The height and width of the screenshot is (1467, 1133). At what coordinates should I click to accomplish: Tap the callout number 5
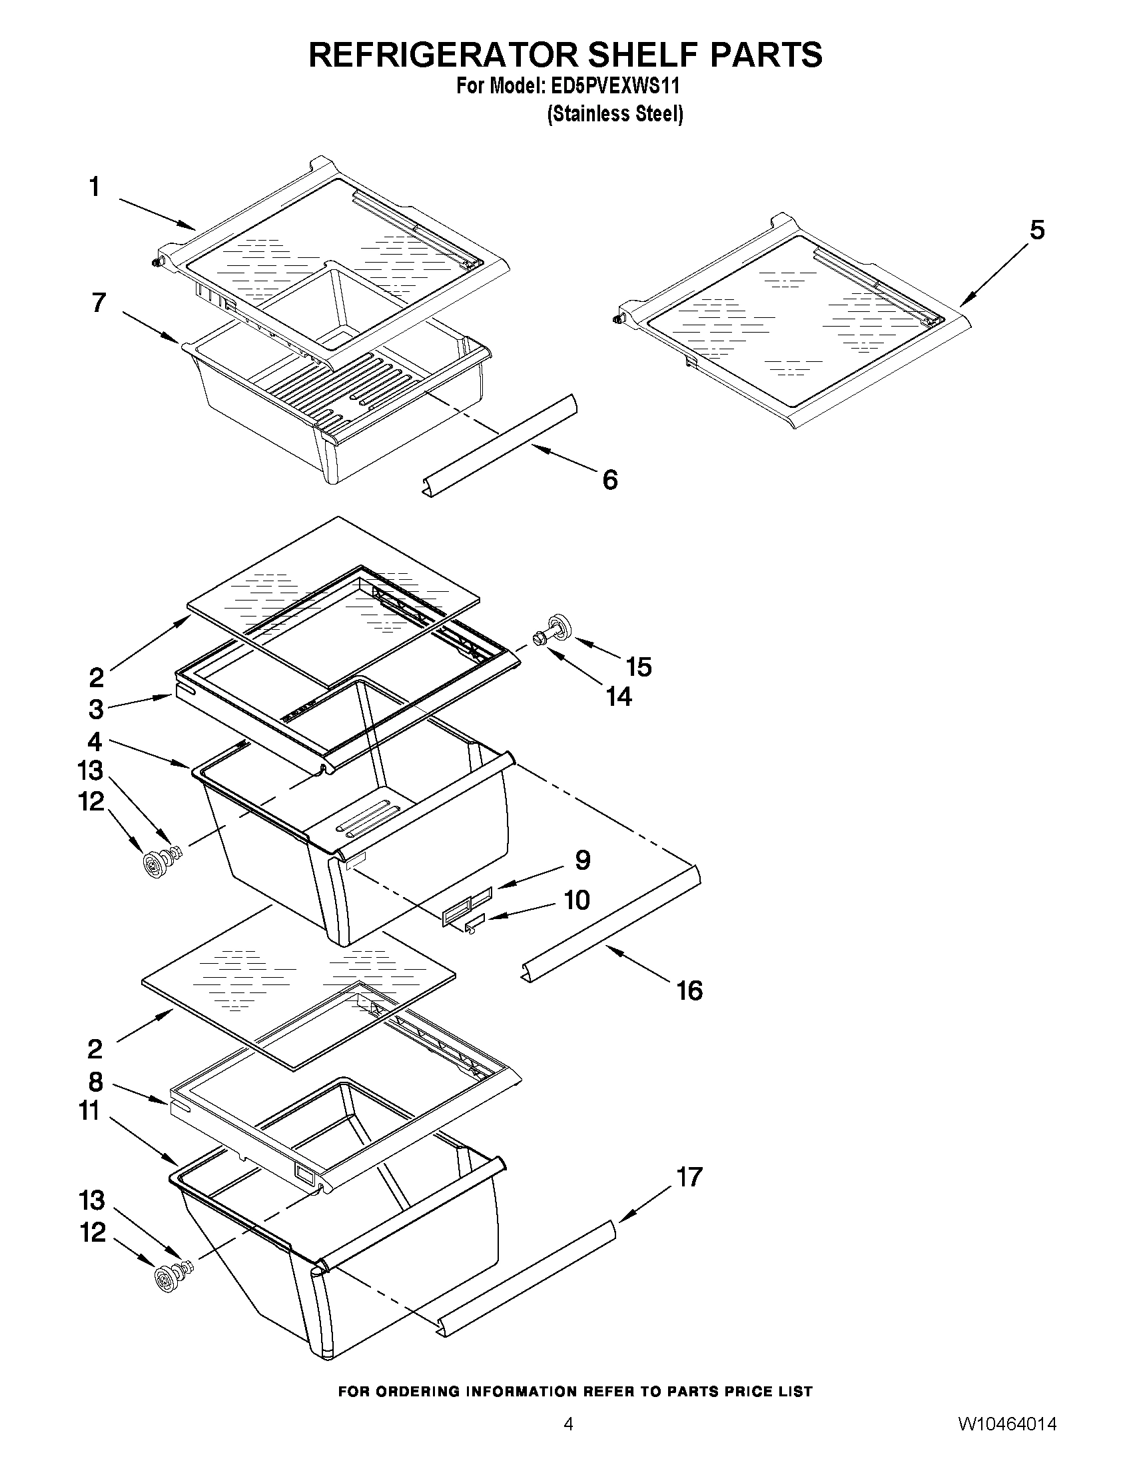[1037, 231]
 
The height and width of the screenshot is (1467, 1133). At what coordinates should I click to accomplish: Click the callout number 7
[99, 303]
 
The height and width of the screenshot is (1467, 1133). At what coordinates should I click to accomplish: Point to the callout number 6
[609, 480]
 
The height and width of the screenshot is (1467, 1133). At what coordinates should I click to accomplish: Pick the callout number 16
[689, 990]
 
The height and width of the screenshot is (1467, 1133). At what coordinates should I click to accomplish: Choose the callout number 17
[689, 1177]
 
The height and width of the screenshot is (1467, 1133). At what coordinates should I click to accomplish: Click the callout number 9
[582, 860]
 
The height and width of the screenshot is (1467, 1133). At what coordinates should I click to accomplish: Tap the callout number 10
[576, 900]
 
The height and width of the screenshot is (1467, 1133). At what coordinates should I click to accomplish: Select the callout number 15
[638, 667]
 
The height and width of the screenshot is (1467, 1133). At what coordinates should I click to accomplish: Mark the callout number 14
[619, 697]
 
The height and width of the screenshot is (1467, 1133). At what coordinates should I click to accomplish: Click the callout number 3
[96, 709]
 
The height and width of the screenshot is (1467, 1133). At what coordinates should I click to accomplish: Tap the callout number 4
[95, 742]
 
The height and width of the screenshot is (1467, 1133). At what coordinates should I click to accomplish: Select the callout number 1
[95, 187]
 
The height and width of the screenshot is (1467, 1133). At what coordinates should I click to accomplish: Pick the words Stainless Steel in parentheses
[615, 115]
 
